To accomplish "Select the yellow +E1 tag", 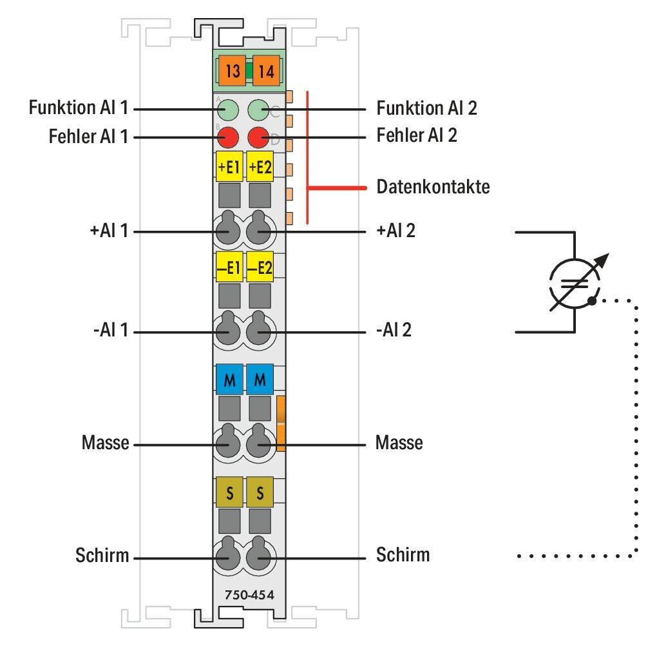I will [229, 167].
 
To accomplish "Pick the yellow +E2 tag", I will [260, 167].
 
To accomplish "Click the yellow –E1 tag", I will [229, 267].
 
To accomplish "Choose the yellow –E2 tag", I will [260, 267].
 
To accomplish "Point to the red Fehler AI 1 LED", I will [228, 137].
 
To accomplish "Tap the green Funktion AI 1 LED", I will [227, 109].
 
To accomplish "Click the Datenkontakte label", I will [432, 188].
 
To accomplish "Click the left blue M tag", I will [229, 380].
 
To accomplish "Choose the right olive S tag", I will [260, 492].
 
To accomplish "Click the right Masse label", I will [399, 443].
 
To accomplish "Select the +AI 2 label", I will [396, 230].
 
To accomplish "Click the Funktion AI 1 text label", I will [78, 108].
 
